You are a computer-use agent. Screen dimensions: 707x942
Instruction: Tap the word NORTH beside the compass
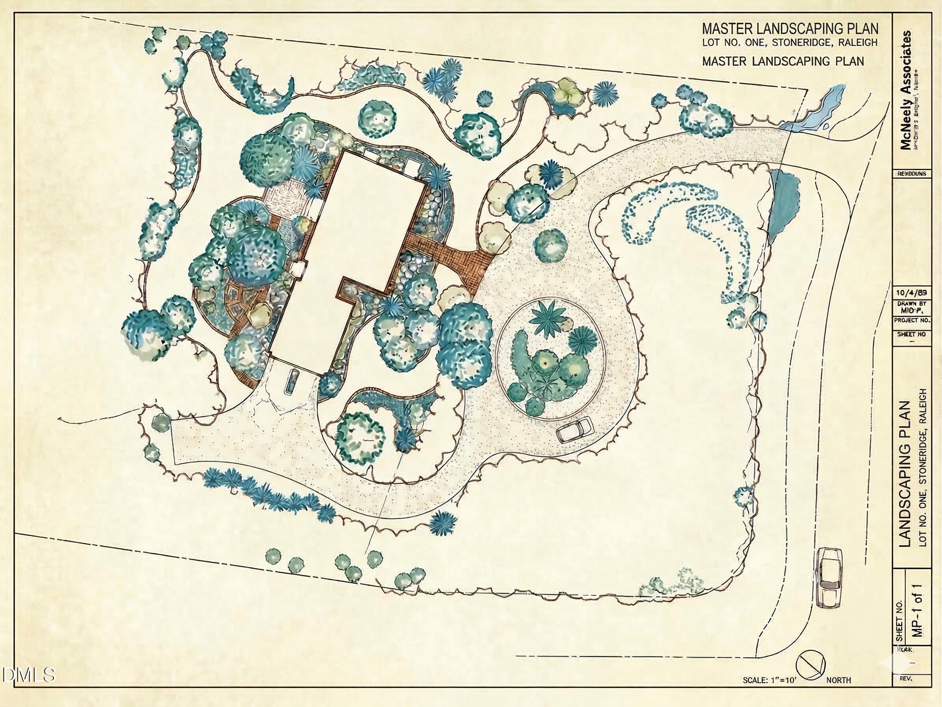(838, 681)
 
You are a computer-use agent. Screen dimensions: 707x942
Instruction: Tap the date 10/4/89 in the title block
(911, 293)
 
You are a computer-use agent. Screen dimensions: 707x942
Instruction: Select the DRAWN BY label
(912, 303)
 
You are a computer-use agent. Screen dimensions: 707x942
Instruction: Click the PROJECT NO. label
(912, 320)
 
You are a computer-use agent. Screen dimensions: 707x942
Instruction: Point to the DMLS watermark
(28, 675)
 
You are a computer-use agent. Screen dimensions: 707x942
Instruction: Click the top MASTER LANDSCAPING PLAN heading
(790, 29)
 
